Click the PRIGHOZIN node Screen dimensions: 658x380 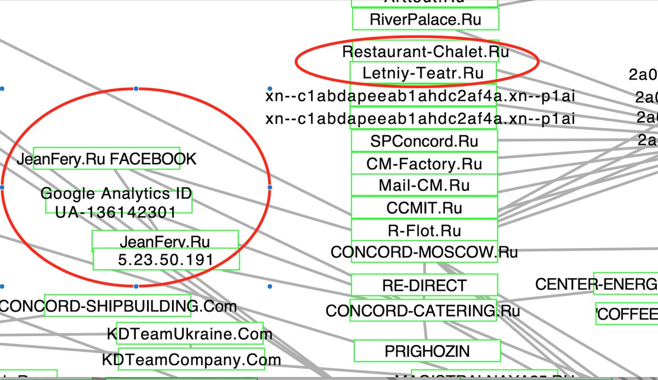click(427, 351)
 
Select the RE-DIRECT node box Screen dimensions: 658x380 click(424, 285)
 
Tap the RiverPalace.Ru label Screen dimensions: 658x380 click(426, 20)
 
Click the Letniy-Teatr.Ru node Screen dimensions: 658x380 click(423, 73)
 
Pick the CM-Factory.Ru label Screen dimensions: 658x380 click(424, 164)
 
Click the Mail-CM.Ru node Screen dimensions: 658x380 click(424, 186)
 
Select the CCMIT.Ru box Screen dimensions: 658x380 click(424, 208)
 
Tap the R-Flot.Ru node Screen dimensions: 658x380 click(424, 230)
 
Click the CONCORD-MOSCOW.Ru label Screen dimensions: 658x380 click(424, 252)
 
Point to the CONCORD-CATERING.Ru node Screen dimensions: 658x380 click(423, 311)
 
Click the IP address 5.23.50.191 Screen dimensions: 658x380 click(166, 260)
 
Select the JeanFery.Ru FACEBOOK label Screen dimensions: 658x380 click(106, 159)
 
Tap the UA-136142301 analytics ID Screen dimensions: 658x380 click(116, 212)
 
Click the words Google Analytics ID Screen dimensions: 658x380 click(116, 194)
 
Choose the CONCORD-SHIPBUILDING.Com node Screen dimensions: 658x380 click(117, 306)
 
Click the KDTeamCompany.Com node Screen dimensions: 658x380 click(191, 360)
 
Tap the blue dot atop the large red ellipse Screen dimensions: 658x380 click(136, 88)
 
